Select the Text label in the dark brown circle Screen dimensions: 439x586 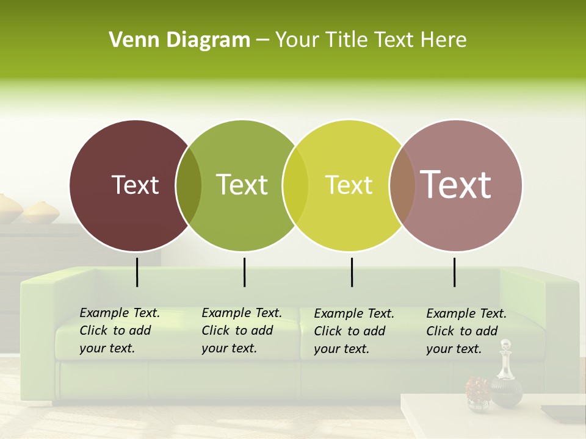click(135, 185)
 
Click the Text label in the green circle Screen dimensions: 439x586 click(242, 185)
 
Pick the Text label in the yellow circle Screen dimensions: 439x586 click(349, 185)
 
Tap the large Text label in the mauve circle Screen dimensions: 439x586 click(455, 184)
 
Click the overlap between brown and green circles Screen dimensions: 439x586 click(189, 185)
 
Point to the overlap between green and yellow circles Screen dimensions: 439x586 click(295, 185)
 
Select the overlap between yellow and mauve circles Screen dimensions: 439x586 click(402, 185)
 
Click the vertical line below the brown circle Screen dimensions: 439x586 click(137, 272)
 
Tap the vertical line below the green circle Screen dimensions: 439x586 click(244, 272)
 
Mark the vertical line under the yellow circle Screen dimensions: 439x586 click(352, 272)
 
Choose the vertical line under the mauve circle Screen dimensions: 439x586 click(454, 272)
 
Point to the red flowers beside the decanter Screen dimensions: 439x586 click(478, 388)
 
